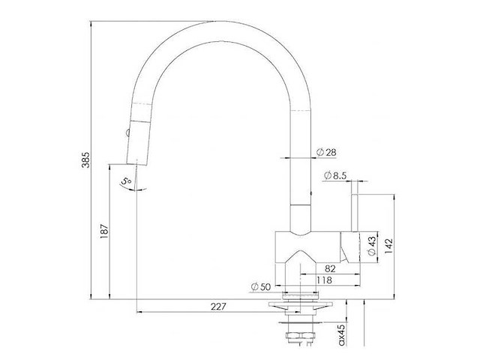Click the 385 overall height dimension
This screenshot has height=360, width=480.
click(86, 159)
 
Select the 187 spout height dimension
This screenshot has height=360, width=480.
click(104, 231)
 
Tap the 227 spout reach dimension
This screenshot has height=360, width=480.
click(218, 307)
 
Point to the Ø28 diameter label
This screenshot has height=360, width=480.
click(326, 152)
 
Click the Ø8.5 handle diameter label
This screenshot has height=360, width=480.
click(335, 175)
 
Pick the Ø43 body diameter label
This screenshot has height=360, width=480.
click(372, 245)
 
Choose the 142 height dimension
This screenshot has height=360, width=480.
click(388, 246)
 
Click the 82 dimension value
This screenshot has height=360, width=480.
click(330, 268)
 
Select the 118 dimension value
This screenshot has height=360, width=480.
click(325, 280)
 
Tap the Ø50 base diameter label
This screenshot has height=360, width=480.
click(261, 286)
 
